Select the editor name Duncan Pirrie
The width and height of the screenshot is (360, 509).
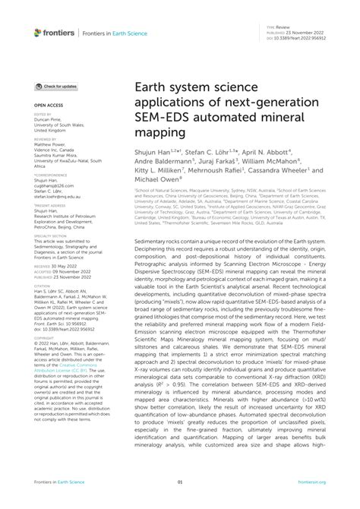48,119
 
